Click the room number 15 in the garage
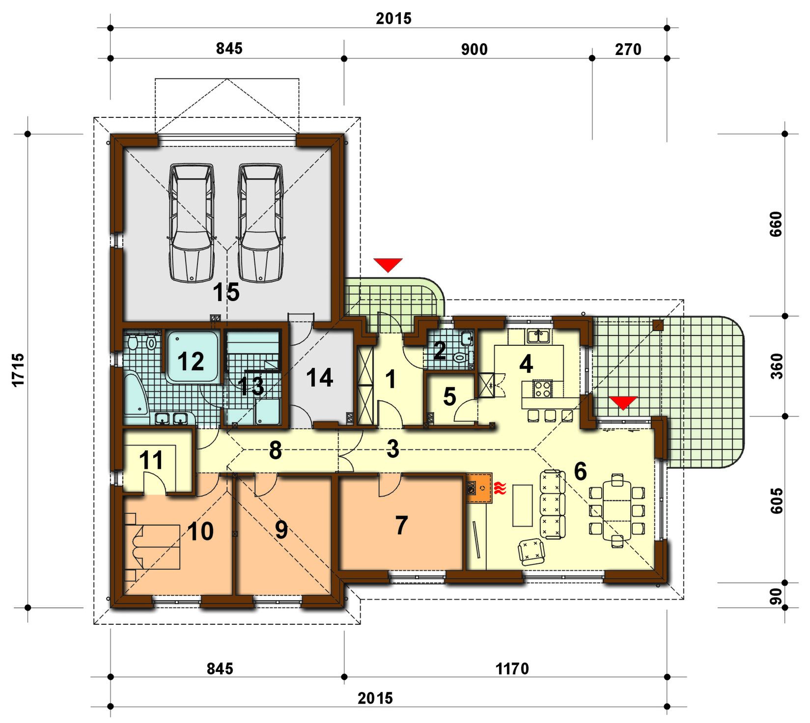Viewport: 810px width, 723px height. click(x=226, y=292)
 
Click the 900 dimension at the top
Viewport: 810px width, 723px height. click(x=475, y=49)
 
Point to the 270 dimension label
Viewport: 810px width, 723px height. click(x=628, y=49)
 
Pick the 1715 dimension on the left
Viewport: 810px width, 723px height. click(x=18, y=370)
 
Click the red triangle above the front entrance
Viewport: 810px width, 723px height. click(x=388, y=265)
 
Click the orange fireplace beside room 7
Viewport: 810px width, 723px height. click(x=479, y=488)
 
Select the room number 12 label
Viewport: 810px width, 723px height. click(x=191, y=361)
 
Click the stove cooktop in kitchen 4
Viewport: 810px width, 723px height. click(x=543, y=389)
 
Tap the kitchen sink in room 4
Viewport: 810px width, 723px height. click(x=539, y=336)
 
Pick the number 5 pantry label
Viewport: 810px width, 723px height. click(x=449, y=397)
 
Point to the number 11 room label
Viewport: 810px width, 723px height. click(x=151, y=461)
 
